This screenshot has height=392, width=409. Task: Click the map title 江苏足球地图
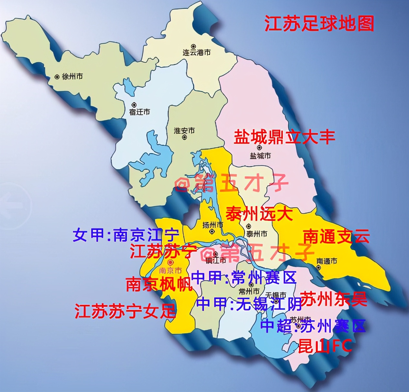[x=319, y=23]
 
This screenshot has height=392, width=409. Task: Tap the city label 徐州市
[x=72, y=77]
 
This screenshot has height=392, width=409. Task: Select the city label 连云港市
[x=196, y=52]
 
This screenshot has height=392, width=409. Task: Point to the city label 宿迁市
[x=139, y=112]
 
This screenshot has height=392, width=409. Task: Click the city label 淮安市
[x=184, y=130]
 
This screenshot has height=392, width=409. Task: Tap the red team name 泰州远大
[x=259, y=213]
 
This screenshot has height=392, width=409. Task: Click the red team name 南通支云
[x=336, y=237]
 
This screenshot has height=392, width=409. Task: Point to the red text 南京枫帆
[x=159, y=284]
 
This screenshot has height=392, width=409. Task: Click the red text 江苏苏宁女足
[x=125, y=311]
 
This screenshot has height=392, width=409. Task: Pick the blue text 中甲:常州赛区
[x=244, y=277]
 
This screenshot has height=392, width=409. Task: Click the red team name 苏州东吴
[x=334, y=299]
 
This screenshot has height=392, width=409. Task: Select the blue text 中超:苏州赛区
[x=313, y=326]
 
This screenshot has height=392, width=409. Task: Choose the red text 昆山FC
[x=325, y=346]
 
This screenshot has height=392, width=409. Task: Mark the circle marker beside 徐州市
[x=57, y=77]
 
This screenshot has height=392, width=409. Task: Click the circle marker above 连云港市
[x=193, y=46]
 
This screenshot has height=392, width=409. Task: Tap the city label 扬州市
[x=213, y=225]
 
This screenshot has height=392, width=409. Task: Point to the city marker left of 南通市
[x=319, y=261]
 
